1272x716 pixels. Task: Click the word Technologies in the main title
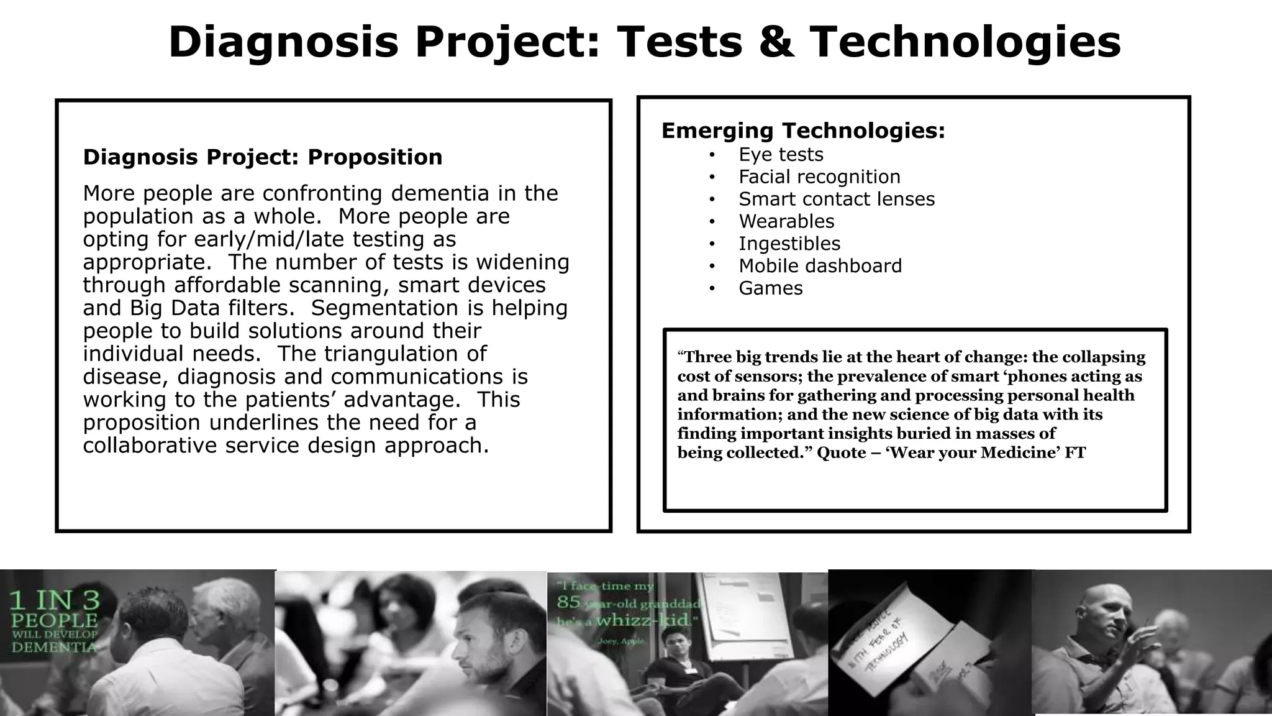tap(966, 42)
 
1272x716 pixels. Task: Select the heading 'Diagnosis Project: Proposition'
tap(263, 157)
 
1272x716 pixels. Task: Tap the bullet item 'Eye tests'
tap(781, 155)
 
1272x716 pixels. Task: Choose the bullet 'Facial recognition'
tap(819, 177)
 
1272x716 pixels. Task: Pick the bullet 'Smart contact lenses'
tap(837, 200)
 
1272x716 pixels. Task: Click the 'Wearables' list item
tap(786, 222)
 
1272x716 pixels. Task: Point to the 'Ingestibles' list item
tap(789, 244)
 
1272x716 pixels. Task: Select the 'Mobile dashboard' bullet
tap(820, 266)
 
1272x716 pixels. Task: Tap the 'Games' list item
tap(771, 288)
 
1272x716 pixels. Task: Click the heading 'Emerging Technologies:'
tap(803, 131)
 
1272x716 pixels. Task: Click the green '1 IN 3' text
tap(53, 600)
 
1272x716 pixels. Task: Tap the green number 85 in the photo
tap(568, 602)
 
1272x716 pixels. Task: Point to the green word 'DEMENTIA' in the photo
tap(54, 648)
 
